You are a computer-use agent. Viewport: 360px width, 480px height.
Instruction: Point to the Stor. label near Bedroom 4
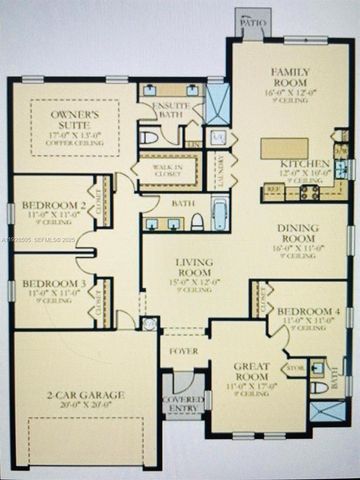[295, 367]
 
